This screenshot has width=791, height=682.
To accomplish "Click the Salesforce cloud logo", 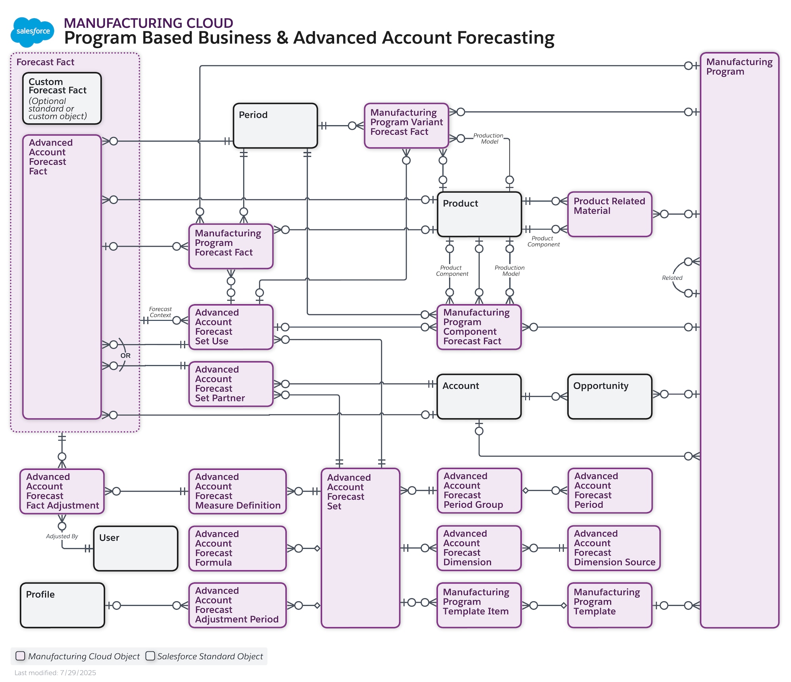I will (x=32, y=32).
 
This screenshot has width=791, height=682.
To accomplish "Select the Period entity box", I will (x=275, y=126).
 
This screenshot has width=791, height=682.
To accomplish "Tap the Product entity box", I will (x=479, y=214).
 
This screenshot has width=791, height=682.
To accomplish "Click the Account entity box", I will (x=479, y=396).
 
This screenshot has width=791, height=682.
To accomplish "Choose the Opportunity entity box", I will (x=609, y=396).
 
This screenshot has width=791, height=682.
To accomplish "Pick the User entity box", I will (x=136, y=548).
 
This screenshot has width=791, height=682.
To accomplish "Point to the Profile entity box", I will (x=62, y=605).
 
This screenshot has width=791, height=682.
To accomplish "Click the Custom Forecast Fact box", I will (x=62, y=98).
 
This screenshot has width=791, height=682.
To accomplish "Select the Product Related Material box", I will (x=609, y=214).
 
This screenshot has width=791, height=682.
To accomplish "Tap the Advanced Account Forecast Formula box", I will (x=237, y=548).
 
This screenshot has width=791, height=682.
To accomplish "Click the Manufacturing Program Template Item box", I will (x=479, y=605).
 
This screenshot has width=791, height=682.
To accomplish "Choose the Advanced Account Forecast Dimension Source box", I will (x=614, y=548).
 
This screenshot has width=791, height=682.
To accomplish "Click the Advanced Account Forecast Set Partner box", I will (x=231, y=384).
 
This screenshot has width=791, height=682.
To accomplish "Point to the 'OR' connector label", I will (x=125, y=356).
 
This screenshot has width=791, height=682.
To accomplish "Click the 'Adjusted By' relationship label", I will (x=62, y=536).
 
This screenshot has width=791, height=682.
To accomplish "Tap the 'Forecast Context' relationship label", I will (x=160, y=312).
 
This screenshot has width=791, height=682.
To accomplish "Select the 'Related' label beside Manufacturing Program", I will (x=672, y=278).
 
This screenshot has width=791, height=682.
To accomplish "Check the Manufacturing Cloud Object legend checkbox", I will (x=20, y=656).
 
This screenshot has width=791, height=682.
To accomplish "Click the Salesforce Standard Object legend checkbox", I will (x=150, y=656).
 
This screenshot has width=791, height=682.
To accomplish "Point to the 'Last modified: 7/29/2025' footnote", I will (x=55, y=673).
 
